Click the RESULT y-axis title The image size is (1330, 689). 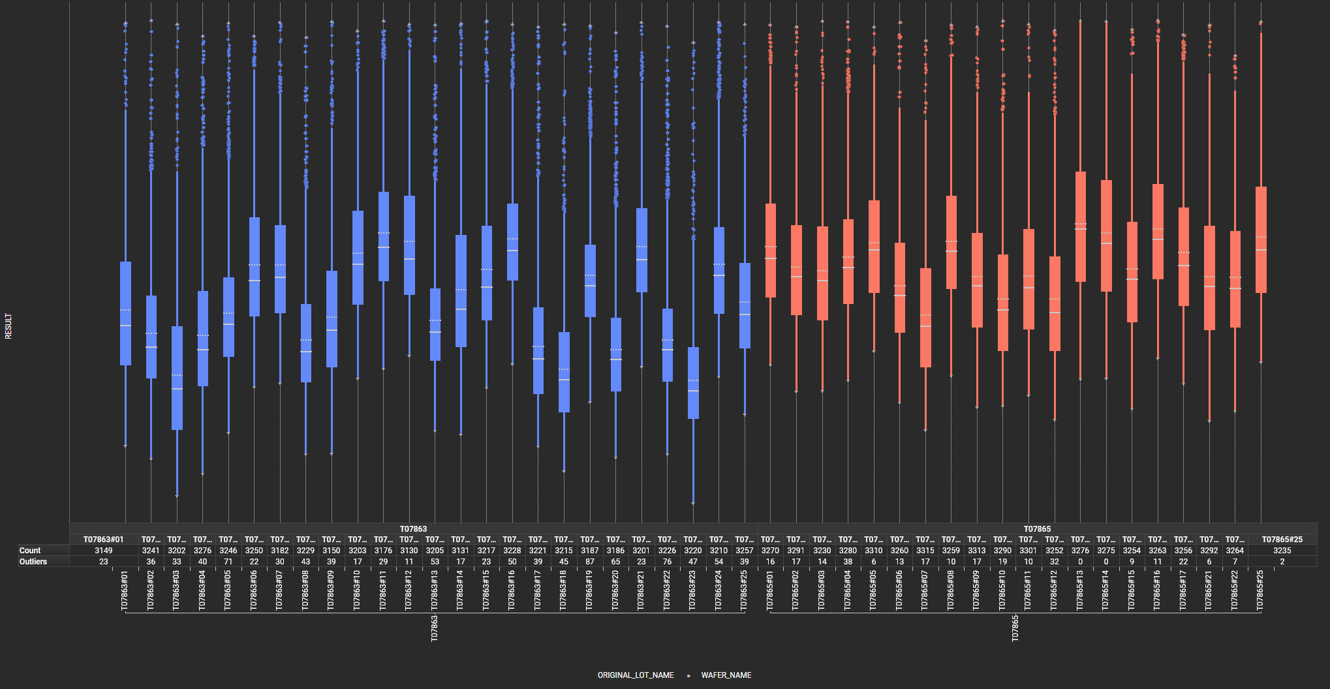(x=8, y=326)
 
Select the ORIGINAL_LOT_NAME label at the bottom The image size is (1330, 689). (x=636, y=675)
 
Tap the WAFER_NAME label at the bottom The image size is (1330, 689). (x=726, y=675)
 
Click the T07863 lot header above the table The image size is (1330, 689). (x=413, y=529)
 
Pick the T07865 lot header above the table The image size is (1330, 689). (x=1037, y=529)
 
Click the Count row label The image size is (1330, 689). (x=30, y=551)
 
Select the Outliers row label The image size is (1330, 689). (x=33, y=562)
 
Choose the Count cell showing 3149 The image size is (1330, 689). (x=104, y=551)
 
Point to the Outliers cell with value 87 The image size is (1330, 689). (x=590, y=562)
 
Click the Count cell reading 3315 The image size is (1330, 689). (x=925, y=551)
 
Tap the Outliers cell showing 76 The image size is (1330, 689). (x=667, y=562)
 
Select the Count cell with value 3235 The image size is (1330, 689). (x=1282, y=551)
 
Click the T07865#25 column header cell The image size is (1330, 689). (x=1282, y=540)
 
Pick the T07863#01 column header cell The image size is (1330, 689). (x=104, y=540)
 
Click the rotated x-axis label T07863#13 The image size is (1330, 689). (x=435, y=591)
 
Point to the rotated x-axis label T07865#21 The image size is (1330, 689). (x=1209, y=591)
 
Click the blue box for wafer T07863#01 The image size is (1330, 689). (x=125, y=313)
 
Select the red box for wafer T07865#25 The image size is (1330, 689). (x=1261, y=239)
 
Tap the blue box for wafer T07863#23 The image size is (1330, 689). (x=693, y=382)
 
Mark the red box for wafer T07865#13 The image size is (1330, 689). (x=1081, y=226)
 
